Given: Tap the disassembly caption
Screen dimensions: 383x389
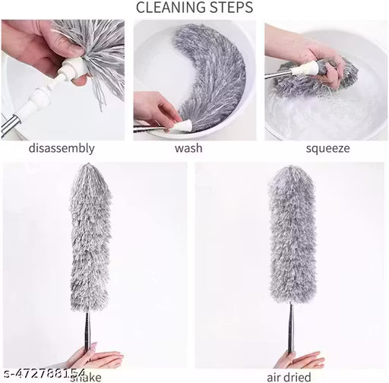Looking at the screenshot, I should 62,148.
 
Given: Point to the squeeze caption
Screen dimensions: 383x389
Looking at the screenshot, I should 327,148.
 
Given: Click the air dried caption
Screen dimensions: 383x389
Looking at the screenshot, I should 289,376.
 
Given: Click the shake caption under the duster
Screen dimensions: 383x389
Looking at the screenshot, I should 98,375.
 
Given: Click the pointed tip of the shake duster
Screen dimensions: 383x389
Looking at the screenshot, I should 90,170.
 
